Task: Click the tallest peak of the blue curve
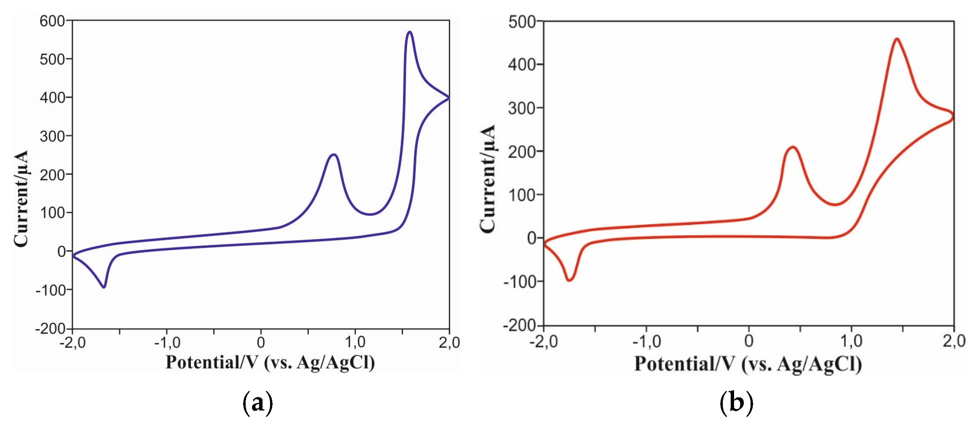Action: pos(409,33)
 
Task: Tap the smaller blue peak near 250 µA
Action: pos(333,155)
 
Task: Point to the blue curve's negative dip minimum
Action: pos(104,287)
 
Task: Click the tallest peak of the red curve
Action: pos(897,39)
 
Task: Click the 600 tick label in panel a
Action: pos(52,21)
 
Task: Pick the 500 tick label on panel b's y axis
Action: pos(522,22)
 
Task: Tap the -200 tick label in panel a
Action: pos(50,328)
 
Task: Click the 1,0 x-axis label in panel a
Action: pos(355,343)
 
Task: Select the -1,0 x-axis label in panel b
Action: pos(646,342)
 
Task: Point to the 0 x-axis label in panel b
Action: pos(749,341)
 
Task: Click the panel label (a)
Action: pos(257,402)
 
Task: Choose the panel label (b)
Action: pos(736,402)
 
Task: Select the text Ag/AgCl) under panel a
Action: pos(336,363)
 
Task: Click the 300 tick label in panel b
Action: pos(521,108)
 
